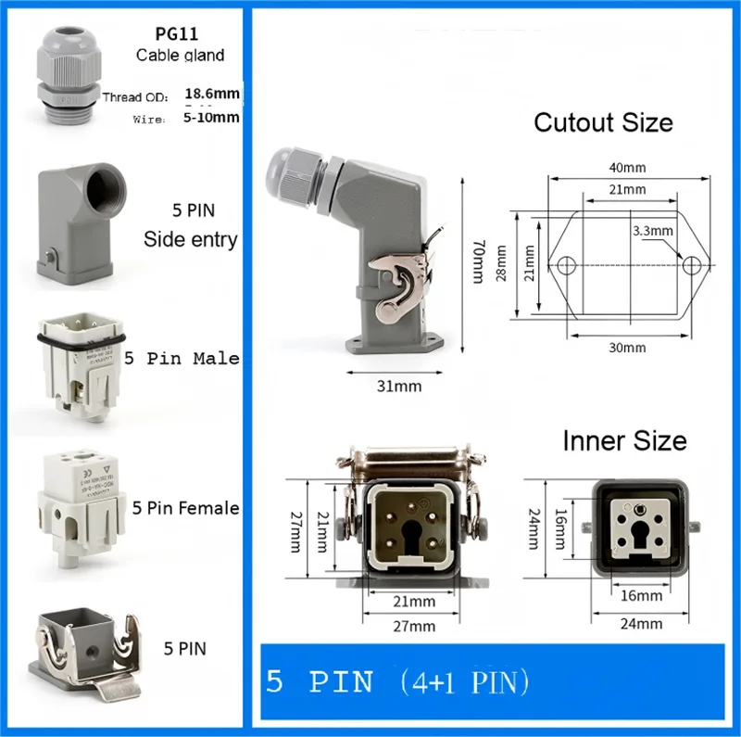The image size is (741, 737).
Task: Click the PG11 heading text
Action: coord(180,34)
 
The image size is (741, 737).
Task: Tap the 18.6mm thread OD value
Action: coord(212,94)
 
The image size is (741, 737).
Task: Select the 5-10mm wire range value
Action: coord(212,117)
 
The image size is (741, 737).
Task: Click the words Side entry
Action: coord(191,239)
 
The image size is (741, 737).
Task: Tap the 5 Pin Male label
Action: coord(182,358)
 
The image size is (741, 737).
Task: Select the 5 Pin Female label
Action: coord(185,507)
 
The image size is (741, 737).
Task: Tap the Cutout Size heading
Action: coord(604,122)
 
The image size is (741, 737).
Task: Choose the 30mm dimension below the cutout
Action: coord(627,348)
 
